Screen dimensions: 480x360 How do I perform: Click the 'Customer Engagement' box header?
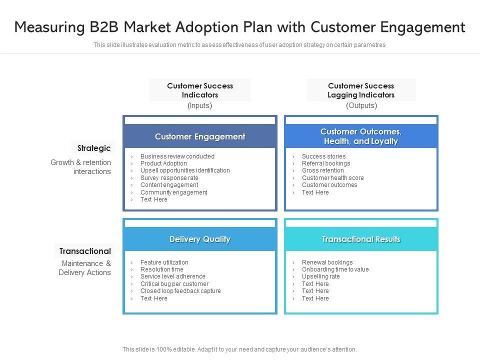tap(200, 136)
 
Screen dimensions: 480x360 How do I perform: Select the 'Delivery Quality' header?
tap(200, 239)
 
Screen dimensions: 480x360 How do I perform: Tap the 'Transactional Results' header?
tap(361, 239)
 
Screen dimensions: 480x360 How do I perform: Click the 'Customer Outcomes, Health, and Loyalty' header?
tap(361, 136)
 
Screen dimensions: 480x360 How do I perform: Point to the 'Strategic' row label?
tap(93, 148)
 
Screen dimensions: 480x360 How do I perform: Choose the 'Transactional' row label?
tap(85, 251)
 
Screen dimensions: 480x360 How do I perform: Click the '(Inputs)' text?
tap(199, 105)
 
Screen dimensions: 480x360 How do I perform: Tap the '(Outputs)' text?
tap(361, 105)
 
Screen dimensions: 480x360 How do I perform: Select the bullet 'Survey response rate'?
tap(169, 178)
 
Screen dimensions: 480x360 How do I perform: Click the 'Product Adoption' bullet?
tap(163, 163)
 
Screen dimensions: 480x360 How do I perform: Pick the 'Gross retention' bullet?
tap(322, 170)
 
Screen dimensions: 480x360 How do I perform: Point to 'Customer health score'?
tap(333, 178)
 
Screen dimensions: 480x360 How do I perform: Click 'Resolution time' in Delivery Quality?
tap(161, 269)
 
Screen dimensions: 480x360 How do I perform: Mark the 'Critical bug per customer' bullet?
tap(174, 284)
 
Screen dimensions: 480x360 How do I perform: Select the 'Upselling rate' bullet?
tap(321, 276)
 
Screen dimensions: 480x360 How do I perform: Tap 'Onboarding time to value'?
tap(335, 269)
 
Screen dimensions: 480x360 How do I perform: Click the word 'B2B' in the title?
tap(104, 27)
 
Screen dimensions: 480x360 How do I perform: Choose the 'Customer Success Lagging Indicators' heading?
tap(361, 90)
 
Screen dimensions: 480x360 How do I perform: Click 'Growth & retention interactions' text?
tap(81, 167)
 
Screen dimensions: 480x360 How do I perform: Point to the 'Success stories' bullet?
tap(323, 156)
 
